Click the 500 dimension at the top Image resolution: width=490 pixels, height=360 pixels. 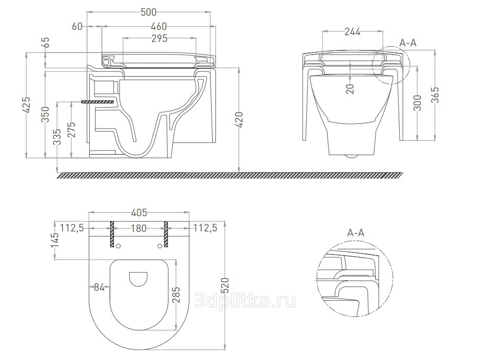click(149, 12)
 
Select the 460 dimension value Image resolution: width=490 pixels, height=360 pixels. click(159, 27)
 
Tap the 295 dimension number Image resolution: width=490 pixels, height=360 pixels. click(159, 38)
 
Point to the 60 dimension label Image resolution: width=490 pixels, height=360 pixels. click(77, 27)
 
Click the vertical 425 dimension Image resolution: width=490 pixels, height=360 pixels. click(28, 105)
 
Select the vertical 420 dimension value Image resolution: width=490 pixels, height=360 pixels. click(239, 120)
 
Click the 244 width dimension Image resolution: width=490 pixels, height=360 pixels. click(352, 31)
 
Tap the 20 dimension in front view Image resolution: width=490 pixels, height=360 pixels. click(351, 89)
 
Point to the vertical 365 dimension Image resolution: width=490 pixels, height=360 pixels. click(435, 94)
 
